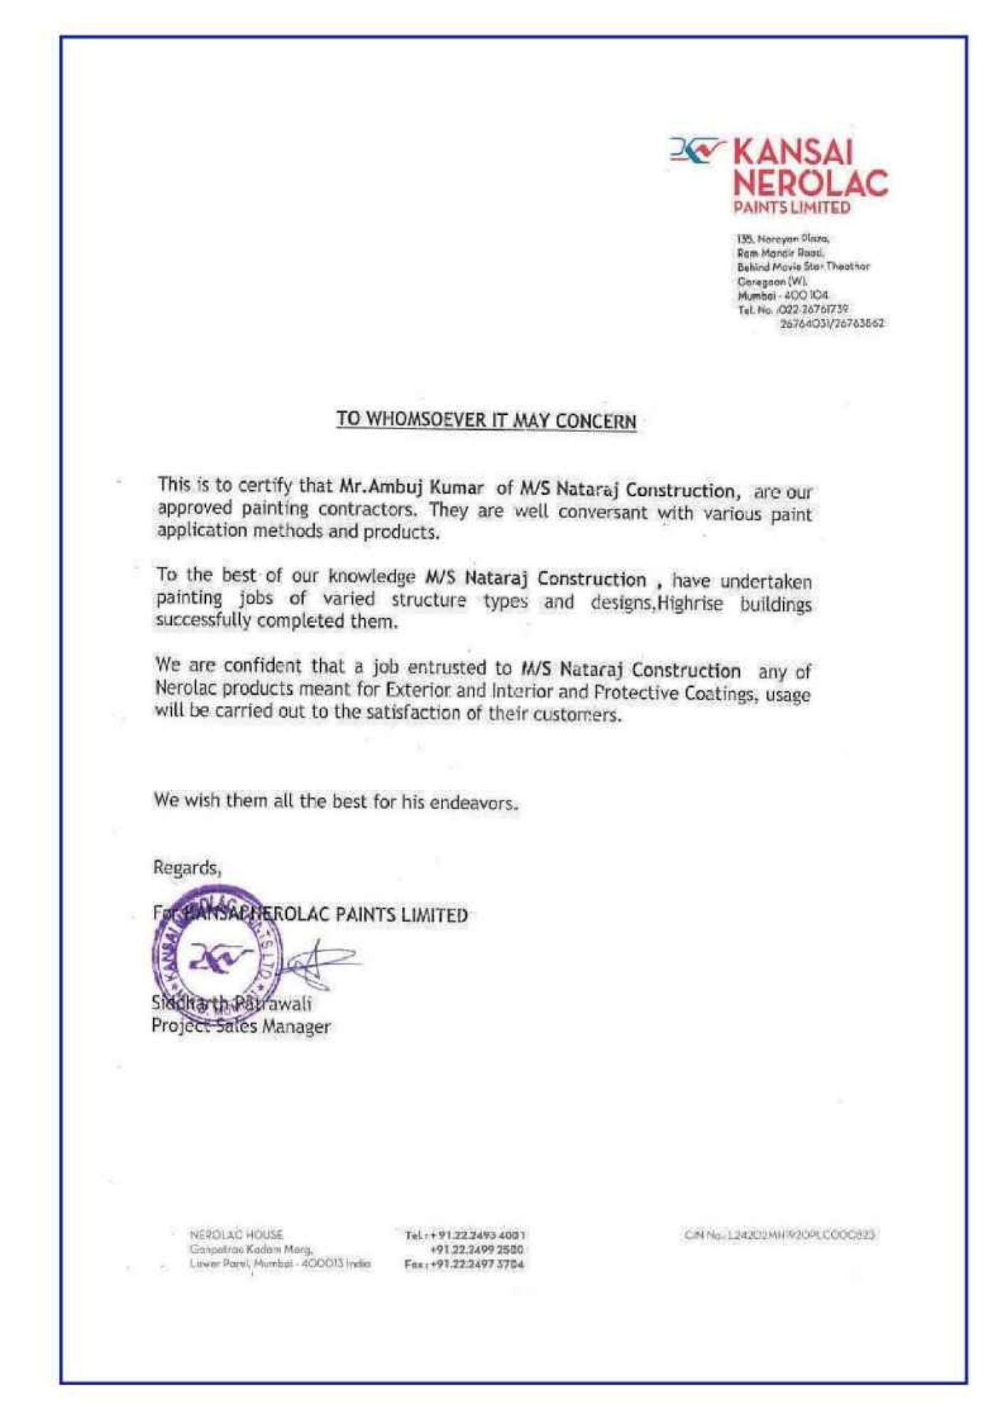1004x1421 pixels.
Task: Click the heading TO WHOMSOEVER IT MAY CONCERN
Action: [486, 419]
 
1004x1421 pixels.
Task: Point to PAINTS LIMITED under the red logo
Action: [792, 208]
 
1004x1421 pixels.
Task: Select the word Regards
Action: [187, 868]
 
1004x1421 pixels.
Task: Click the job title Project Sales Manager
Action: [241, 1027]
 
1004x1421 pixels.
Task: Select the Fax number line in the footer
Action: [464, 1265]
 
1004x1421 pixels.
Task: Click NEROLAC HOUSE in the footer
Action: [236, 1235]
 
